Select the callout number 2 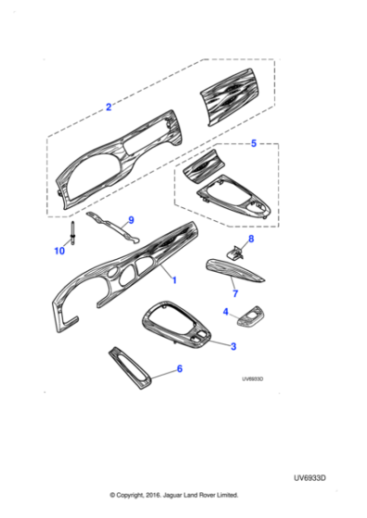[x=108, y=107]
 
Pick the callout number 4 [x=226, y=312]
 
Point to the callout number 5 [x=255, y=144]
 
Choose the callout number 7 [x=234, y=293]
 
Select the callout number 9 [x=131, y=219]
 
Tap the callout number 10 [x=59, y=251]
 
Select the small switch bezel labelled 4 [x=251, y=320]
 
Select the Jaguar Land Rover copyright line [x=174, y=495]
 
